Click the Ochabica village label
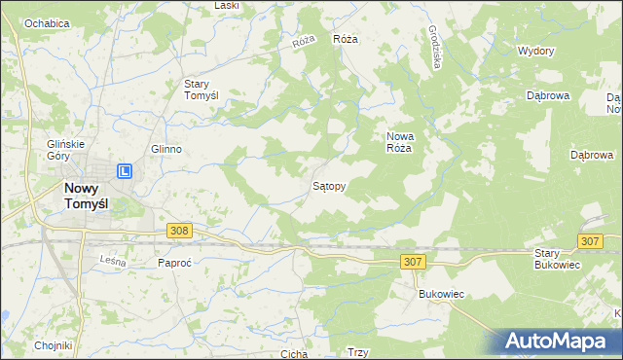(x=47, y=22)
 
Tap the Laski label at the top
(x=227, y=6)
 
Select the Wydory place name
(x=535, y=51)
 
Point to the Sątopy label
(x=328, y=184)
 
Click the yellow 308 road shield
(x=178, y=231)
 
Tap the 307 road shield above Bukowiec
(x=412, y=262)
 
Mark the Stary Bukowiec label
(x=558, y=259)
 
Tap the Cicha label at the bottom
(x=294, y=354)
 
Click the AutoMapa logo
(x=562, y=341)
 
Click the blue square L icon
(x=126, y=172)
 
